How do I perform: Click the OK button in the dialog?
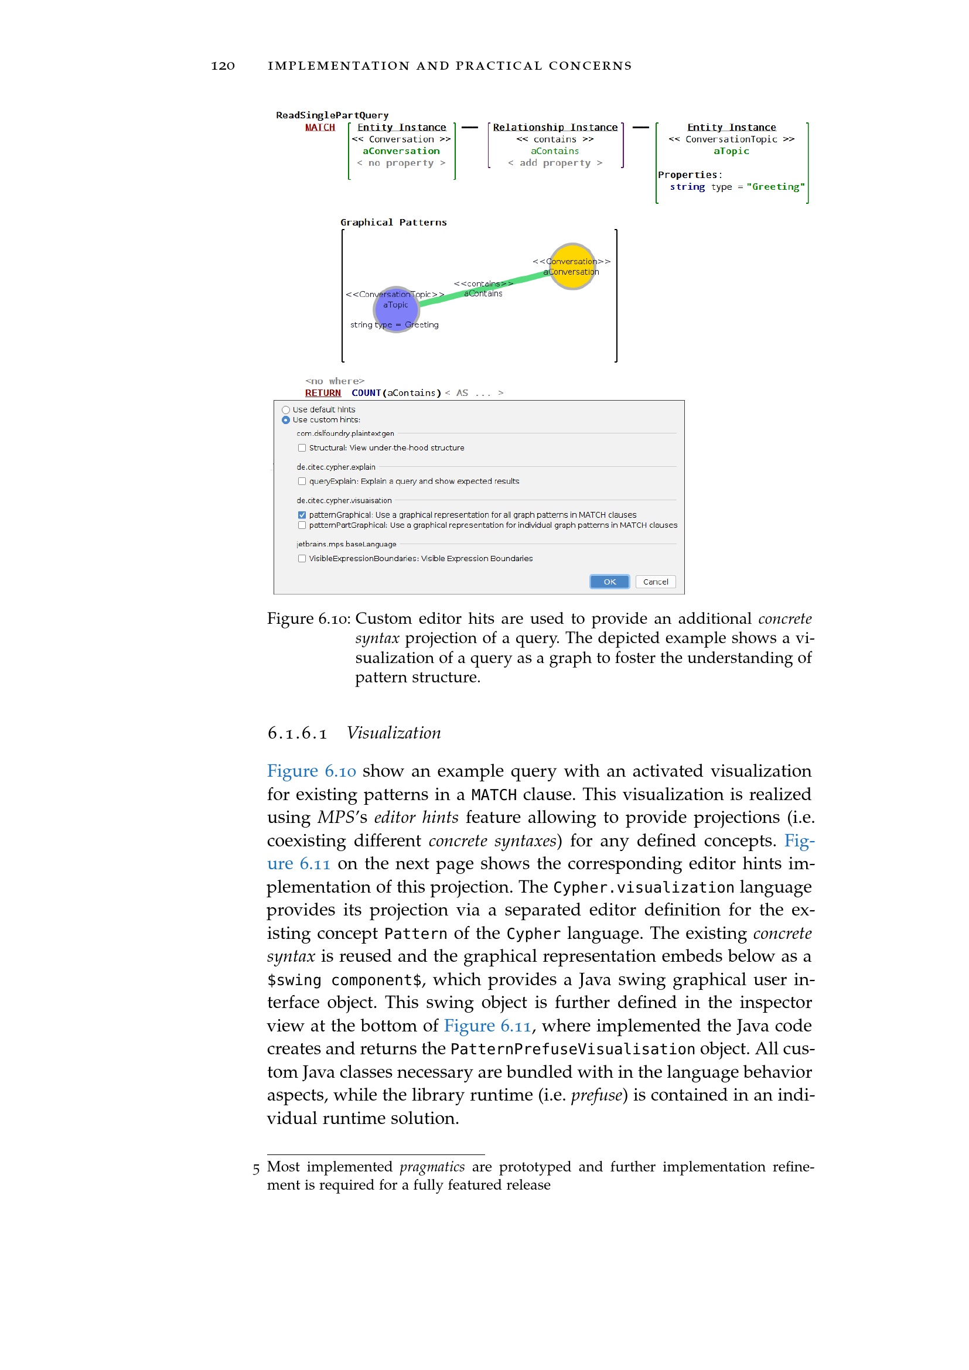pyautogui.click(x=609, y=582)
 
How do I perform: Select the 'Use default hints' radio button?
pyautogui.click(x=286, y=410)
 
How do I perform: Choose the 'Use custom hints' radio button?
pyautogui.click(x=286, y=420)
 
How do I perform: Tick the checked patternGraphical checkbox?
pyautogui.click(x=302, y=515)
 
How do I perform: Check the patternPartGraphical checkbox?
pyautogui.click(x=302, y=525)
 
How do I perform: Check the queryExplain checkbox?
pyautogui.click(x=302, y=481)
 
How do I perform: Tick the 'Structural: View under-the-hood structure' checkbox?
pyautogui.click(x=302, y=448)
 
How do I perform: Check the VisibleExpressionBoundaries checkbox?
pyautogui.click(x=302, y=559)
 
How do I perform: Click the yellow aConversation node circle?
pyautogui.click(x=573, y=266)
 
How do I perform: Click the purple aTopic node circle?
pyautogui.click(x=395, y=309)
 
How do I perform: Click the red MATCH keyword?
pyautogui.click(x=320, y=128)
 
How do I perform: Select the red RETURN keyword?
pyautogui.click(x=323, y=393)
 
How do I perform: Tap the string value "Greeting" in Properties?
pyautogui.click(x=775, y=187)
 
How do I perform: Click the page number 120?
pyautogui.click(x=223, y=66)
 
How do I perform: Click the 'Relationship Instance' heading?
pyautogui.click(x=555, y=128)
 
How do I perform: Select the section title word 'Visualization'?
pyautogui.click(x=394, y=733)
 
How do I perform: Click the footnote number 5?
pyautogui.click(x=256, y=1169)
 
